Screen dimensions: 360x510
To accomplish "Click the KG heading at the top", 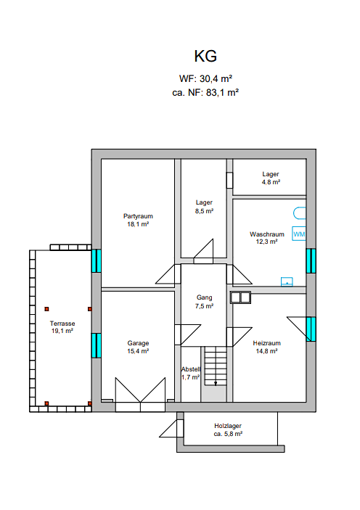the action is (x=205, y=57).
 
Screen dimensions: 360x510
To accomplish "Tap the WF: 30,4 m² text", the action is (x=205, y=78).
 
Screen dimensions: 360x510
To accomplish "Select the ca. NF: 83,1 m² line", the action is (x=205, y=93).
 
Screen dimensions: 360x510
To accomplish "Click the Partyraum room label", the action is (x=138, y=216).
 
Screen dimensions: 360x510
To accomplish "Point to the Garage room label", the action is (x=138, y=343).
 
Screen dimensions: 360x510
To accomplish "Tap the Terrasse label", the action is (x=62, y=324).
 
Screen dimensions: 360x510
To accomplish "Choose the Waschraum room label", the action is (x=267, y=234).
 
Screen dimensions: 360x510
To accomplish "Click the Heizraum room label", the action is (x=266, y=343).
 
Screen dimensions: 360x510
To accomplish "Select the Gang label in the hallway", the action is (x=205, y=297).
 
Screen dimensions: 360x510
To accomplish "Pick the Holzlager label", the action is (x=228, y=426).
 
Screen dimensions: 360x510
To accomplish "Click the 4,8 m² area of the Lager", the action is (x=271, y=182).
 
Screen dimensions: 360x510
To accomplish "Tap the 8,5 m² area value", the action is (x=204, y=211).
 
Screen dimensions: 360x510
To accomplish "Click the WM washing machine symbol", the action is (x=299, y=234).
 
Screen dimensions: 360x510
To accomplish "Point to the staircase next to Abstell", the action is (x=215, y=366).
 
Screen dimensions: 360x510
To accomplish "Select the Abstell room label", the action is (x=191, y=369).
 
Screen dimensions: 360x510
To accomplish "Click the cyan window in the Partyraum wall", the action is (x=97, y=260).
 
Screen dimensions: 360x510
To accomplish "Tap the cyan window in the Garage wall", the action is (x=97, y=345).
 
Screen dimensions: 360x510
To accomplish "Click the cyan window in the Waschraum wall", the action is (x=311, y=261).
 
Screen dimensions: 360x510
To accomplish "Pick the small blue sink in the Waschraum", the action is (x=287, y=281).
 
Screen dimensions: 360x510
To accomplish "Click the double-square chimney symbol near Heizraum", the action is (x=240, y=297).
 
